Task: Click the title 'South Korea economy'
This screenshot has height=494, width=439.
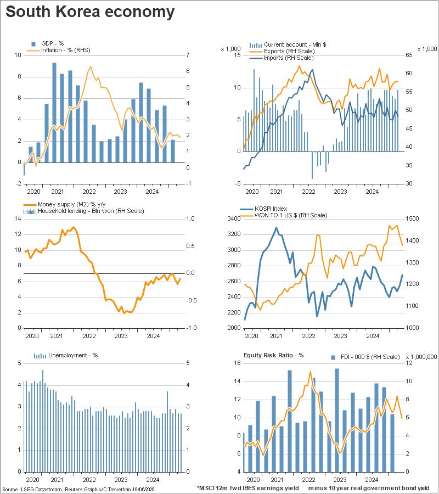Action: (90, 12)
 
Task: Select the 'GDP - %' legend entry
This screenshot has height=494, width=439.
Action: (51, 43)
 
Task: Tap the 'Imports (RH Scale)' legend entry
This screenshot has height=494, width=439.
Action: (289, 58)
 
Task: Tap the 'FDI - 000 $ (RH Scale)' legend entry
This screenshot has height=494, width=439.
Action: (368, 357)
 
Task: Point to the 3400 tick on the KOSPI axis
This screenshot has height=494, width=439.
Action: (232, 218)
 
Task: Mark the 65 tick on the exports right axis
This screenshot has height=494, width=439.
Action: (409, 55)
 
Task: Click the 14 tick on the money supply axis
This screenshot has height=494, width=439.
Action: (16, 218)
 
